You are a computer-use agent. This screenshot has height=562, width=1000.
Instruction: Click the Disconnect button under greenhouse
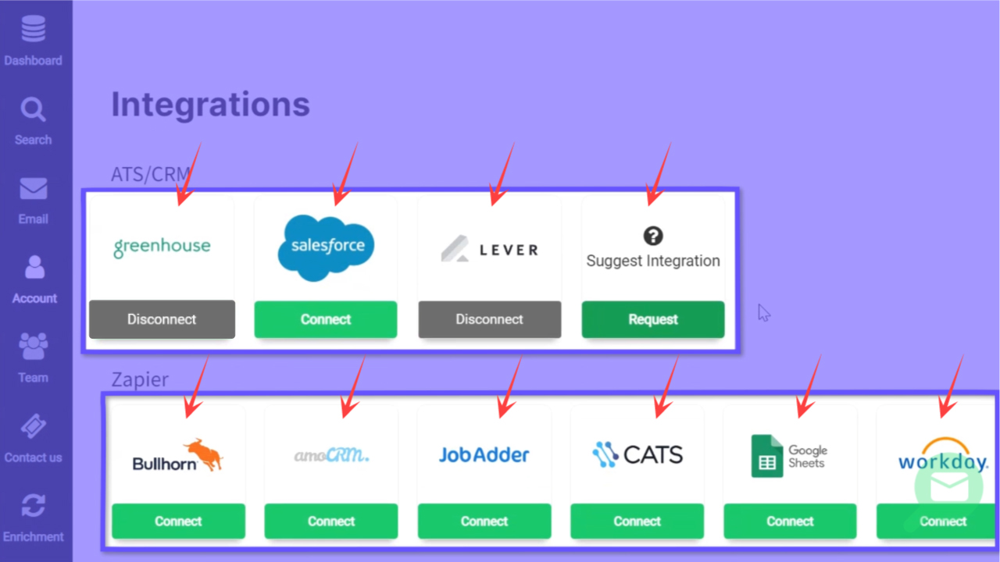(x=162, y=319)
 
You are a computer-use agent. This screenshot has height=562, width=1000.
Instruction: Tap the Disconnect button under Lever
(x=490, y=319)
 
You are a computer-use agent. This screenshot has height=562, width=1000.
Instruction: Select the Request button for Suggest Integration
(x=653, y=319)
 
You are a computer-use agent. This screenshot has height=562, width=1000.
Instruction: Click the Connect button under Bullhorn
(x=178, y=521)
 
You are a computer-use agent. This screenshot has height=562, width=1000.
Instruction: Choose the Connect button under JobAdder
(x=484, y=521)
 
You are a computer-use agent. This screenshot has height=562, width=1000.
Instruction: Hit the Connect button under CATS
(x=637, y=521)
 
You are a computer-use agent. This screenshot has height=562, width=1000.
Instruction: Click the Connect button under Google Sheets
(x=790, y=521)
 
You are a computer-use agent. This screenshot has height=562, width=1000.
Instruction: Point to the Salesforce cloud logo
(x=327, y=247)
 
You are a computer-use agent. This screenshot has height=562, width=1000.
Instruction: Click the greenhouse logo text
(x=162, y=247)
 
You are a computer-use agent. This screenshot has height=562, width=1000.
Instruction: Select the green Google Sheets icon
(x=766, y=456)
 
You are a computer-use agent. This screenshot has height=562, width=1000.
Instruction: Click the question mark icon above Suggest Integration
(x=653, y=236)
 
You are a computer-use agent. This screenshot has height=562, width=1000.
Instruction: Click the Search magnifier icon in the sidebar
(x=33, y=110)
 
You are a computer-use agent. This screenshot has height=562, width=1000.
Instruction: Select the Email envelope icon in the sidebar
(x=33, y=189)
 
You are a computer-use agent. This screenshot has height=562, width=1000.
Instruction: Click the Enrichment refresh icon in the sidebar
(x=33, y=505)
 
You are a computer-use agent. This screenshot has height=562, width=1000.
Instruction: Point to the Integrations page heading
(x=210, y=104)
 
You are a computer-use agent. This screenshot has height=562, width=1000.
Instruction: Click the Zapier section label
(x=140, y=380)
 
